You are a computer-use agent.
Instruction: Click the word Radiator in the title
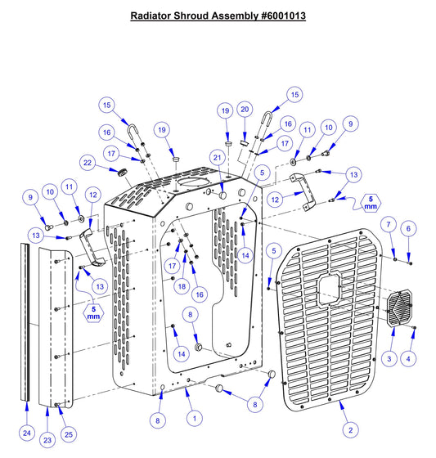click(x=153, y=16)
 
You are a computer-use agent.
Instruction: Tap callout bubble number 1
click(x=194, y=417)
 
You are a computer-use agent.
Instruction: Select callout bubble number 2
click(x=351, y=429)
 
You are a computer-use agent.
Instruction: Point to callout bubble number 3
click(x=389, y=358)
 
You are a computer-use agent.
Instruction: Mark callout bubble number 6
click(x=389, y=223)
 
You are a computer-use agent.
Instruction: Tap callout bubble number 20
click(x=244, y=110)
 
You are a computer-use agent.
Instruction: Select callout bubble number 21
click(x=217, y=156)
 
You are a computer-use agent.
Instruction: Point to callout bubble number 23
click(x=47, y=440)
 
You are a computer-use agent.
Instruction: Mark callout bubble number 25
click(x=68, y=433)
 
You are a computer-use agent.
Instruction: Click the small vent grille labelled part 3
click(x=400, y=311)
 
